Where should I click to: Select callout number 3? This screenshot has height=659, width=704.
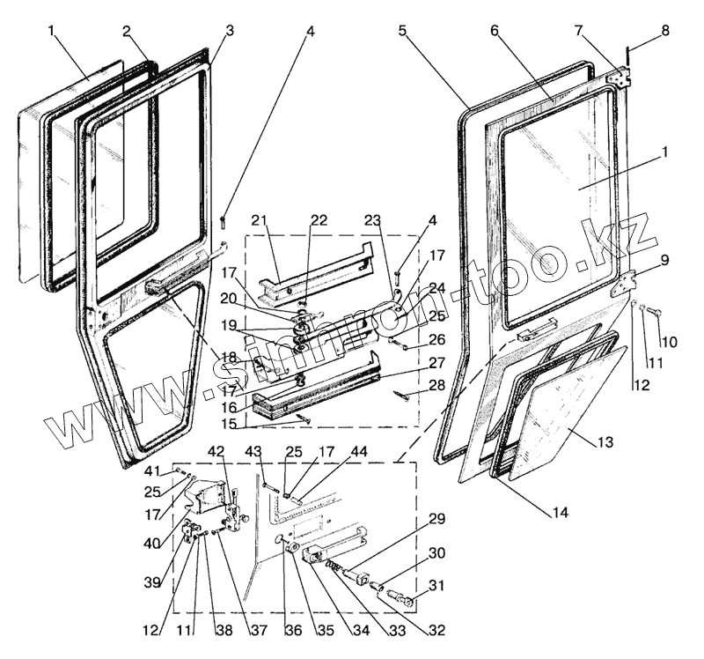click(230, 30)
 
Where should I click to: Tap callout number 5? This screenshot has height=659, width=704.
click(402, 30)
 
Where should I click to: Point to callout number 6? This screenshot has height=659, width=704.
click(495, 30)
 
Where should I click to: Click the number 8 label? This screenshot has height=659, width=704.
click(665, 30)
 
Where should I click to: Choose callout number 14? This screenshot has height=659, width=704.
click(560, 512)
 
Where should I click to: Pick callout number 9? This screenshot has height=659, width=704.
click(664, 260)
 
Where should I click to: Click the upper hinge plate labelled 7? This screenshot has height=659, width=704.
click(622, 78)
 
